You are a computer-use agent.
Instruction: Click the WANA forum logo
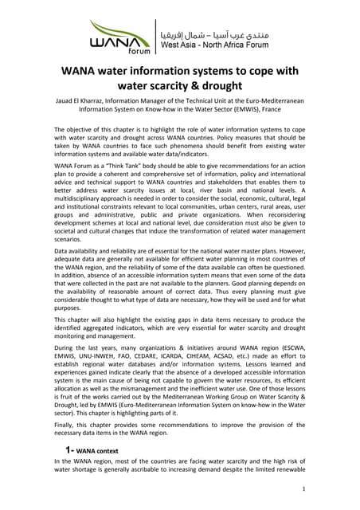(120, 36)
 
